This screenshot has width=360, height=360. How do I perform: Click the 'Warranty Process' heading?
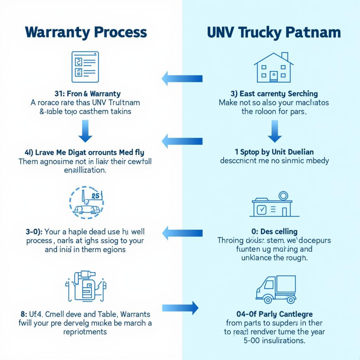(86, 32)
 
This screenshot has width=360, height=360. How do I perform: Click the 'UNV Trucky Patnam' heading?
(274, 32)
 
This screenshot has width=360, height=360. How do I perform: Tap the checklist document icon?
(85, 67)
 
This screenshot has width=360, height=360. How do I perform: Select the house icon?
(274, 67)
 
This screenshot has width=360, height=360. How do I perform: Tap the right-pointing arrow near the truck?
(180, 308)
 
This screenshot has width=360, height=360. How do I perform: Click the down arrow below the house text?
(275, 131)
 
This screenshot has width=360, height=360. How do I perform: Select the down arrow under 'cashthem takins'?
(85, 131)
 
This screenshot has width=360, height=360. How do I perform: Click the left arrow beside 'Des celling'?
(182, 233)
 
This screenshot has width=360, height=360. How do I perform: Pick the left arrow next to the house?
(182, 78)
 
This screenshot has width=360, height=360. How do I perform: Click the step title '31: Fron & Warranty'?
(88, 94)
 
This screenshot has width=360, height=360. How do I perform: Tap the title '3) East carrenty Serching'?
(274, 94)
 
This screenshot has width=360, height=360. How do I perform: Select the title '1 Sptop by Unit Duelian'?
(274, 152)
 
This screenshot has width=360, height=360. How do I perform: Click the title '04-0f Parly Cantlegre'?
(275, 314)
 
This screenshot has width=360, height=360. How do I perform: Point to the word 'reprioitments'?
(85, 332)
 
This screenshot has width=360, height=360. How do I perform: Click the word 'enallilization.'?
(85, 170)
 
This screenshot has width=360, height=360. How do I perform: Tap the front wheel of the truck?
(268, 300)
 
